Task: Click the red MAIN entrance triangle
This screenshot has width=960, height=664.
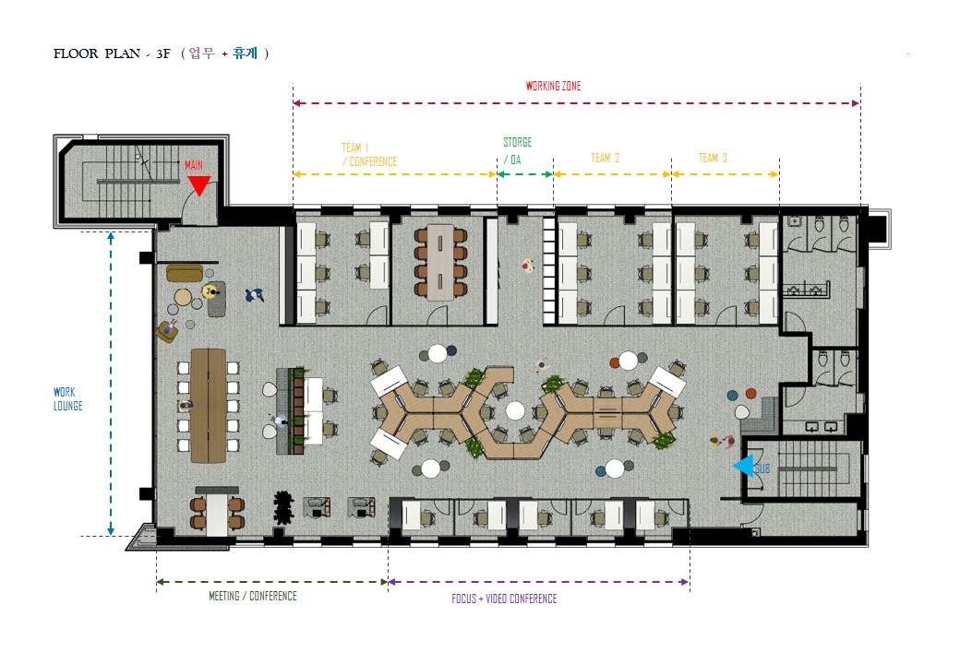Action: tap(199, 185)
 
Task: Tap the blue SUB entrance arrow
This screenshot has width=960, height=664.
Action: tap(743, 466)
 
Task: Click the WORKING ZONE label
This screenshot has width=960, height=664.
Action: tap(554, 86)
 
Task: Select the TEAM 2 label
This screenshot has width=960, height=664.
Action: tap(605, 159)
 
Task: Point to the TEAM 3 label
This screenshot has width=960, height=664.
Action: tap(713, 159)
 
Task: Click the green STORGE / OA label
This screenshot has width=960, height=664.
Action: tap(517, 151)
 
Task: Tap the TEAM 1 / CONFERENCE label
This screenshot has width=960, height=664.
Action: tap(369, 155)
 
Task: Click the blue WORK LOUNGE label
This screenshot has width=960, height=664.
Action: tap(67, 399)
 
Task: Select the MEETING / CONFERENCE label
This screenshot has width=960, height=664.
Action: tap(252, 596)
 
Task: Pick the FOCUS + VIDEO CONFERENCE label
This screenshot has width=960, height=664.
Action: tap(504, 599)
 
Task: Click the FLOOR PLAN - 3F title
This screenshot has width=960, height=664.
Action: tap(112, 53)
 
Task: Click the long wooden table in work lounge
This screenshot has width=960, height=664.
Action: tap(209, 406)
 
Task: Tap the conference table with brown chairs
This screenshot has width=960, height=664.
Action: tap(440, 263)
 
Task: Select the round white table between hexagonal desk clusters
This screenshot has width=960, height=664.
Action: tap(515, 411)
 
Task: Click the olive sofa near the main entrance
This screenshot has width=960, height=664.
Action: tap(185, 273)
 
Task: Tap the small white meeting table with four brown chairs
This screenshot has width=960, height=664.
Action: tap(217, 514)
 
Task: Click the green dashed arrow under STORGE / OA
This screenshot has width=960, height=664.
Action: tap(524, 174)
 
